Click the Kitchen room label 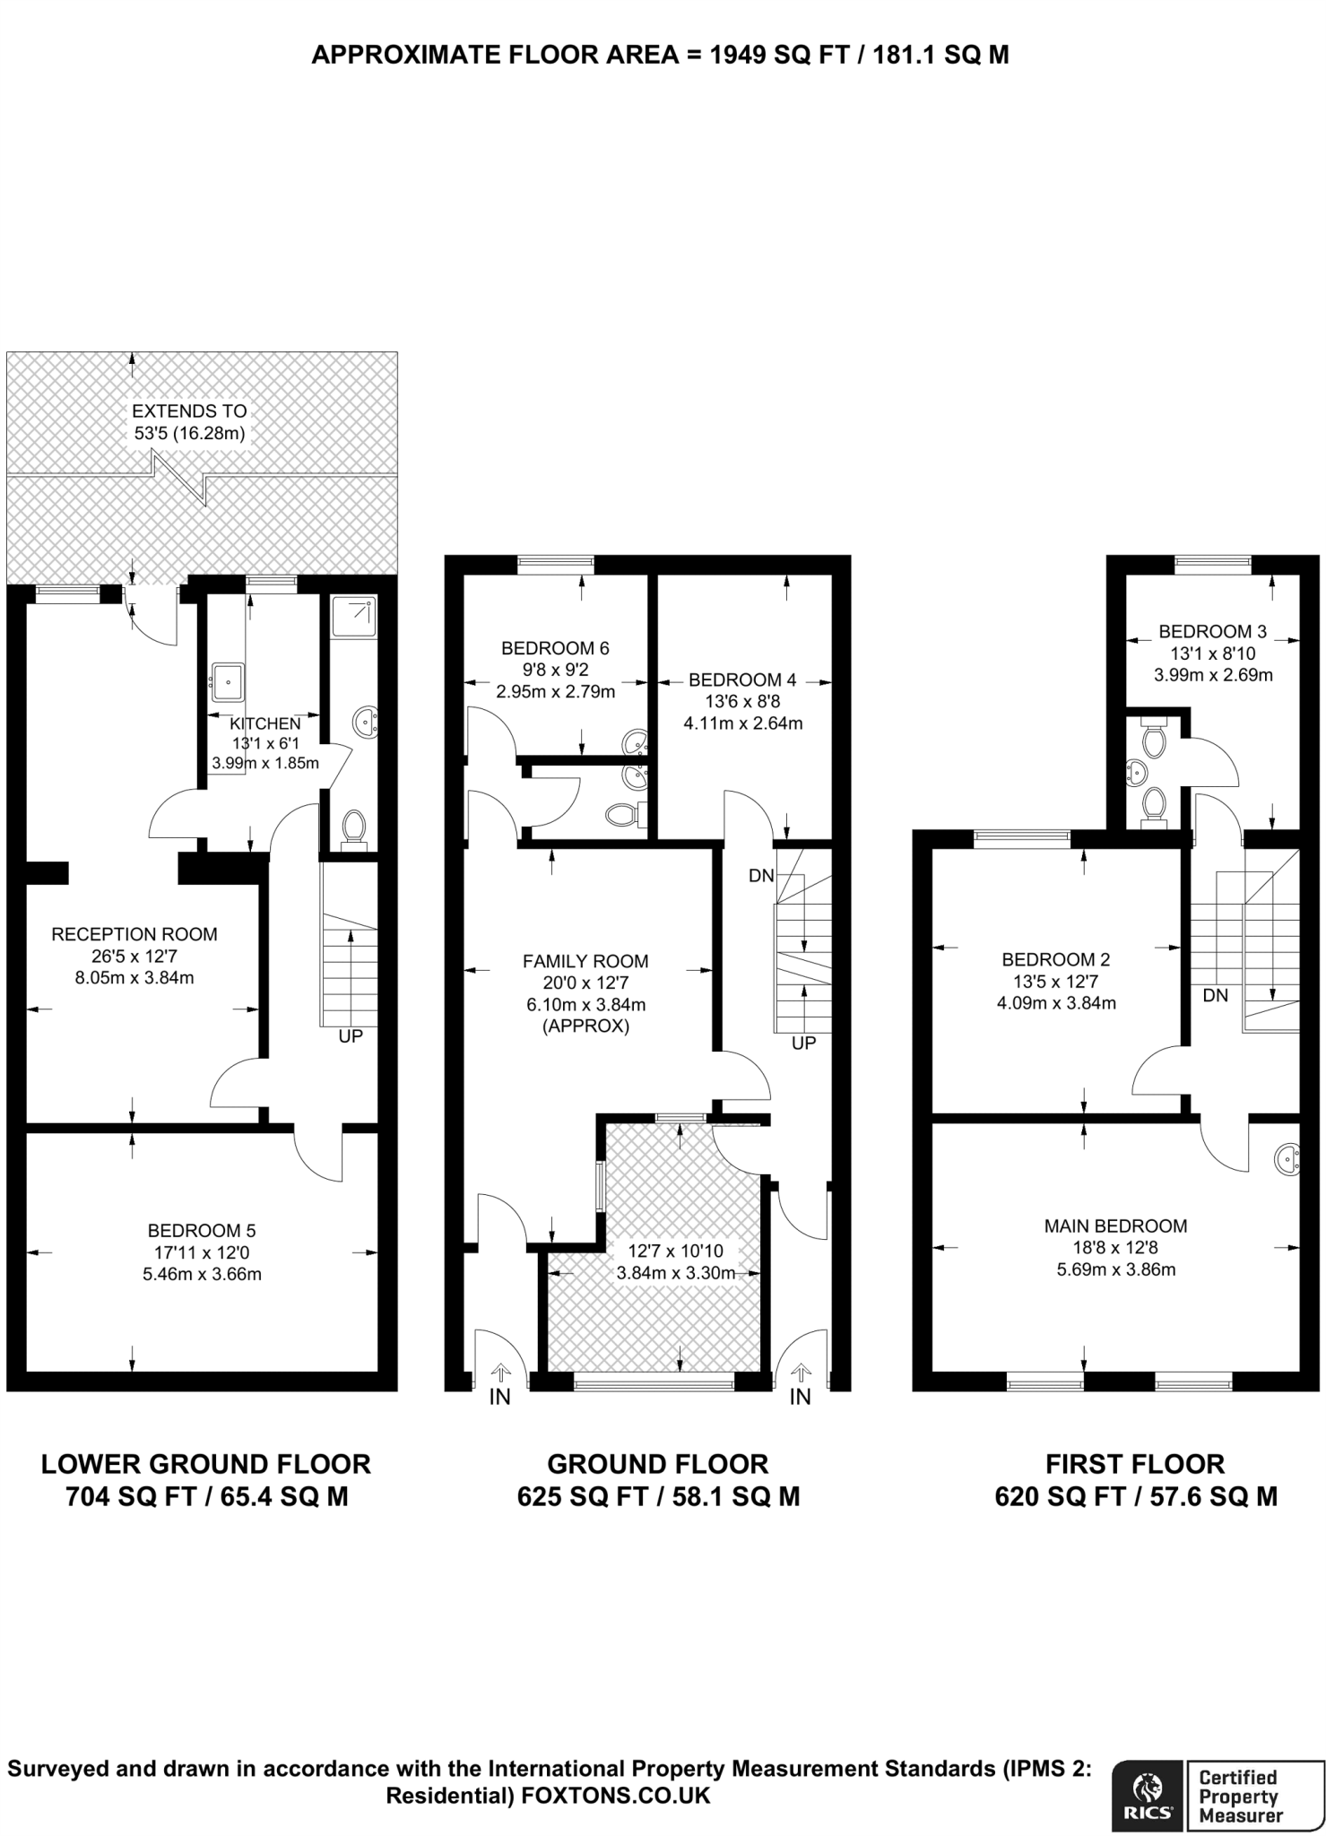point(265,723)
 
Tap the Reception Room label point(134,934)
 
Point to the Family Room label point(585,961)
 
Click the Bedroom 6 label point(555,648)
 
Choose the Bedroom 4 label point(742,680)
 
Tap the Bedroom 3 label point(1212,631)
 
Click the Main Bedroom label point(1115,1225)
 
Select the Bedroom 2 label point(1056,959)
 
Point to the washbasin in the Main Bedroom point(1287,1158)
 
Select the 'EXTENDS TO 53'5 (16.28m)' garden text point(189,422)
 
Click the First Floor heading point(1135,1465)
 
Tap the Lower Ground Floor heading point(206,1465)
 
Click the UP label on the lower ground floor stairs point(351,1036)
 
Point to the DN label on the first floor point(1216,995)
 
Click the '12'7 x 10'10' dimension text point(675,1251)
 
